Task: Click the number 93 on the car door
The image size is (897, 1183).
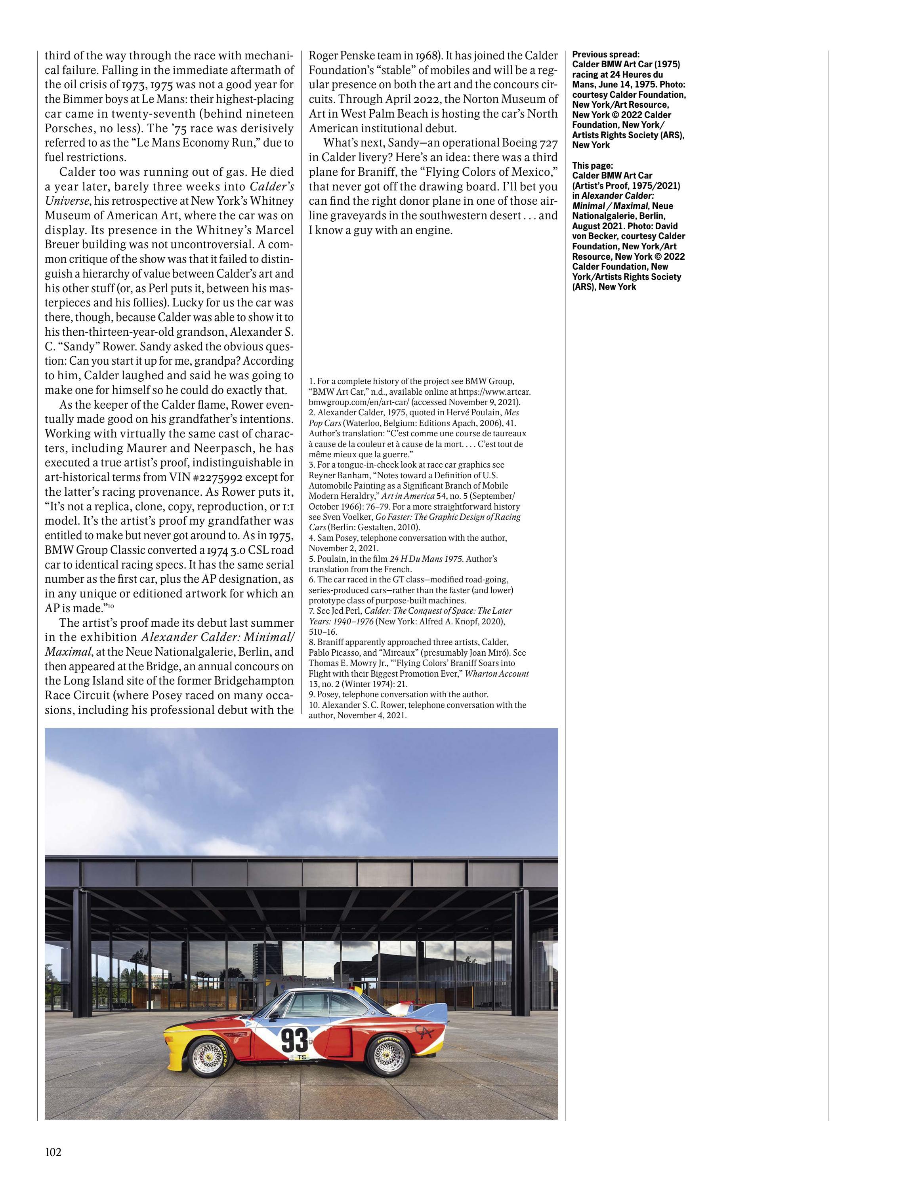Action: click(294, 1040)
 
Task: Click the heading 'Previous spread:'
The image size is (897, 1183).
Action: click(605, 54)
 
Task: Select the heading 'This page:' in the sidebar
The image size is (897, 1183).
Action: click(592, 165)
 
